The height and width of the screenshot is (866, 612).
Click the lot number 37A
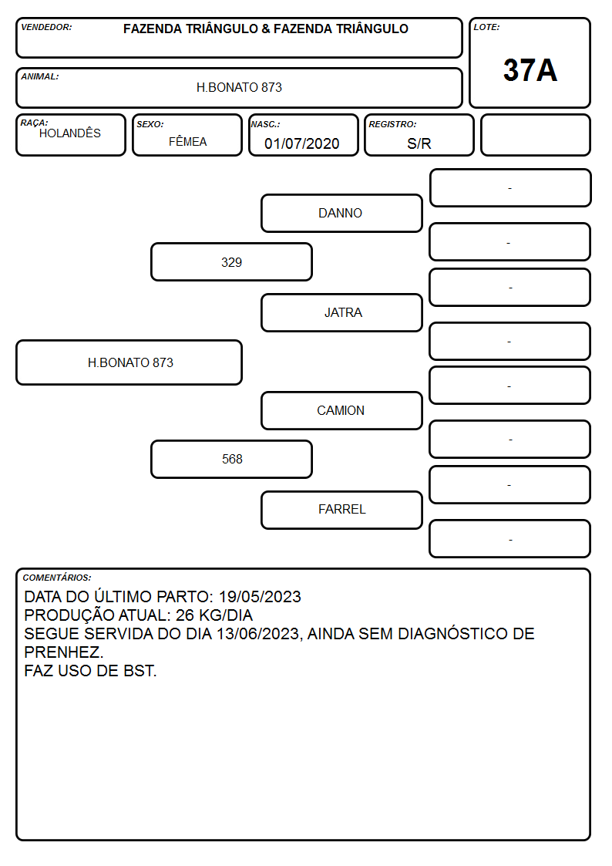pos(530,70)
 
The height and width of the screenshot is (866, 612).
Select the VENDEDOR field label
pos(46,27)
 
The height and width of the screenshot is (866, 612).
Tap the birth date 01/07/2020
pos(302,143)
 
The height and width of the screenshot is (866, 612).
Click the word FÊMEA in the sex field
pos(187,141)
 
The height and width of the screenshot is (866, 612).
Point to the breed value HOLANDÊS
pos(70,133)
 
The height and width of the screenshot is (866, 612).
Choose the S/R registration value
pos(419,143)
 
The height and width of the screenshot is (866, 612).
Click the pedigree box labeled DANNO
pos(341,213)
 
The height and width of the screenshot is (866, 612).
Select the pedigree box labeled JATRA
pos(341,312)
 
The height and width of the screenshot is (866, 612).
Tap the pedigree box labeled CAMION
pos(341,410)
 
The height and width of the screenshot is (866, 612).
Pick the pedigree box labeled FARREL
pos(341,509)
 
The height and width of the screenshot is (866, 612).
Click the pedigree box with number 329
pos(231,261)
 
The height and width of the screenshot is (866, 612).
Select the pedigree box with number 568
pos(231,459)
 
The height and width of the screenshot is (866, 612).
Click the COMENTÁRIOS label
pos(57,578)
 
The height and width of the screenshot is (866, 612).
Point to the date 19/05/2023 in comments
pos(260,597)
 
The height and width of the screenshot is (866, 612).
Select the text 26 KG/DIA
pos(214,615)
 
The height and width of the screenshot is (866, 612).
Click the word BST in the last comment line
pos(143,671)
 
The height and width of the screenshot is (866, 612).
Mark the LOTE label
pos(486,27)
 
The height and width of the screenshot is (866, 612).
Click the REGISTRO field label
pos(392,124)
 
